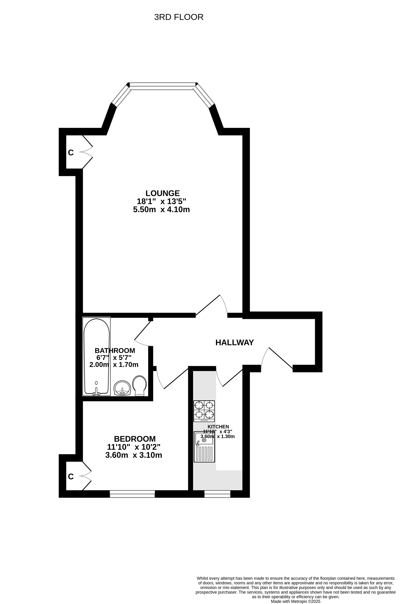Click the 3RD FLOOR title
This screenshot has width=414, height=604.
tap(179, 17)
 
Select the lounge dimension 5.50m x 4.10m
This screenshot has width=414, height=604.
tap(161, 210)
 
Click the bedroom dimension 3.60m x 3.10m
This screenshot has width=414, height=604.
tap(134, 455)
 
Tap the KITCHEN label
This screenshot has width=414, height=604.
tap(218, 427)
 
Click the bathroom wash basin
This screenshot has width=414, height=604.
tap(122, 388)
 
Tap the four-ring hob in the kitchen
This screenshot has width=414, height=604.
tap(204, 411)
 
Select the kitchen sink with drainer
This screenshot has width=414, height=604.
tap(204, 447)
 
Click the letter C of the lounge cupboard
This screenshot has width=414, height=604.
tap(71, 153)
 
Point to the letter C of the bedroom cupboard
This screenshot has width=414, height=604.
tap(71, 476)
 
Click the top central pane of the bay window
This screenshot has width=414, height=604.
tap(163, 86)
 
